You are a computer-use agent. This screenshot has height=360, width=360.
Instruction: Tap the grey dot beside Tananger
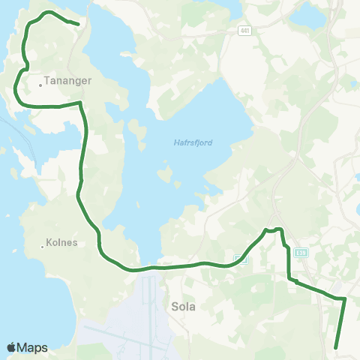40,85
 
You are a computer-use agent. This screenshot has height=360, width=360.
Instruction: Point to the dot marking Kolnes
43,246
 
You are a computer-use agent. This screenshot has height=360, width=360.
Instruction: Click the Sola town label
184,306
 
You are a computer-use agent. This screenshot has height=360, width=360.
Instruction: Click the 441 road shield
245,30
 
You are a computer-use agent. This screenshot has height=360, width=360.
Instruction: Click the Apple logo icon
12,347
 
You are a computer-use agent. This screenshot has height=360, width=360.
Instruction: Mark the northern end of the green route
78,23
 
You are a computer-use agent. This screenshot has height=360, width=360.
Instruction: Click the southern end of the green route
334,347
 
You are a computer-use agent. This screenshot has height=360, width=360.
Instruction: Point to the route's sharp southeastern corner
344,298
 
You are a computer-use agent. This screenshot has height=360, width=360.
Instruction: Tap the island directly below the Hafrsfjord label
170,178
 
